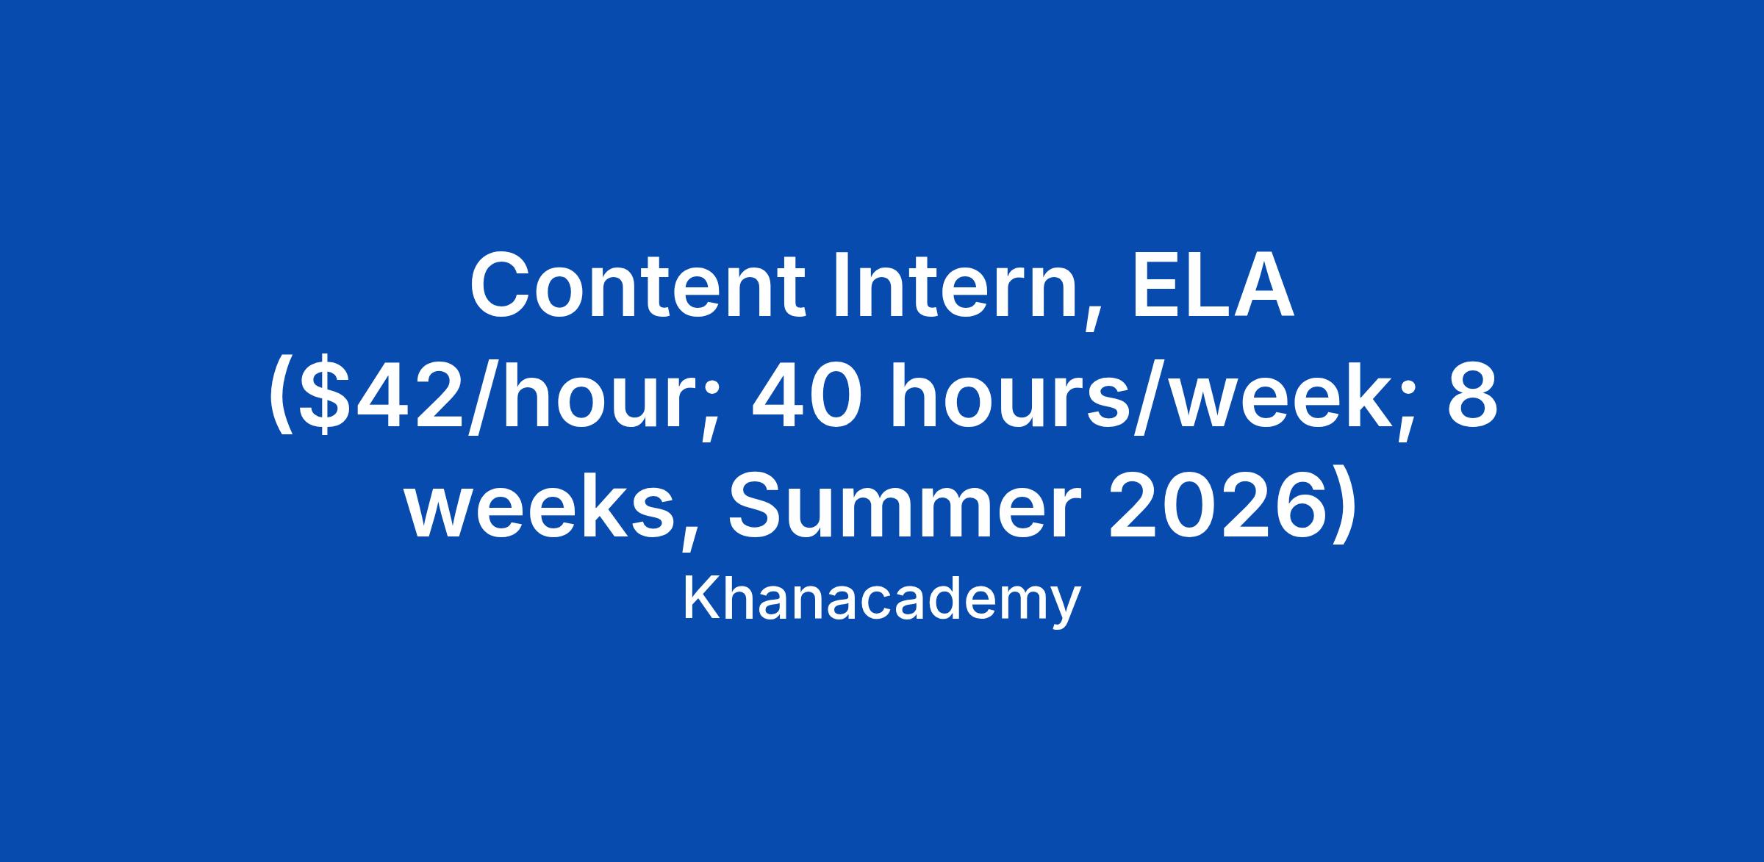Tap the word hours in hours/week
pyautogui.click(x=1013, y=398)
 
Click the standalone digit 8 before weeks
pyautogui.click(x=1472, y=398)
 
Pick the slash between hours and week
pyautogui.click(x=1153, y=401)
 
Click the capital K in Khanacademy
pyautogui.click(x=703, y=599)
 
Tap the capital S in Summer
pyautogui.click(x=757, y=507)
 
